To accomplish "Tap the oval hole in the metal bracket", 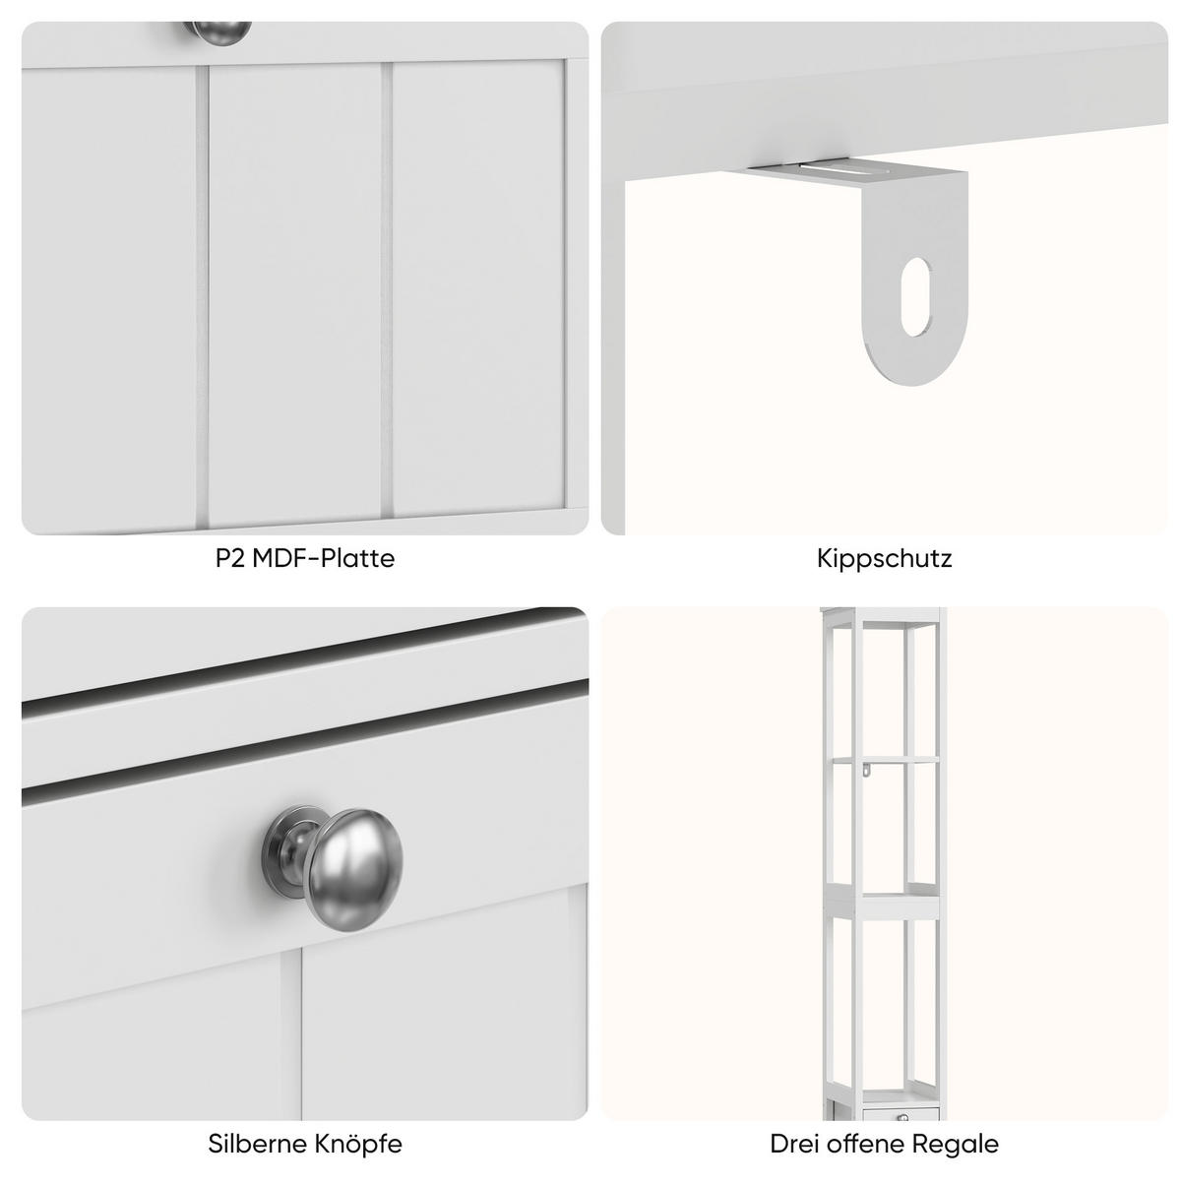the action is [x=915, y=296].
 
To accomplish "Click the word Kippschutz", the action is [x=885, y=559].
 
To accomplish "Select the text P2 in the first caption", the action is [x=230, y=558].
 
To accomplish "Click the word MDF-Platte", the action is [x=324, y=558].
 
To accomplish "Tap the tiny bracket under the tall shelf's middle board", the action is [x=866, y=769].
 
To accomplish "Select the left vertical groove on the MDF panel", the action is [x=202, y=294].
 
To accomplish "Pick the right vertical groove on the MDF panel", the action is [x=387, y=289].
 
